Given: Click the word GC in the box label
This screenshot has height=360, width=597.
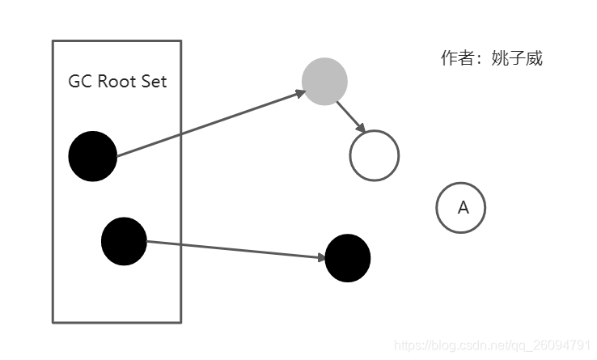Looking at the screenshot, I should coord(79,83).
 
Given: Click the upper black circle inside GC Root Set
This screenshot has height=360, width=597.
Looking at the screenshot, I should coord(93,156).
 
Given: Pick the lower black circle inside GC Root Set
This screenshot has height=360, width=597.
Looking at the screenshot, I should coord(124,240).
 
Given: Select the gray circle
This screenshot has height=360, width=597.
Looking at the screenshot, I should coord(324,81).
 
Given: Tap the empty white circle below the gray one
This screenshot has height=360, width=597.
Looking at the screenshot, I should coord(375,155).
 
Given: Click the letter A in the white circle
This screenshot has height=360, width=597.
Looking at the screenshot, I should coord(463,208).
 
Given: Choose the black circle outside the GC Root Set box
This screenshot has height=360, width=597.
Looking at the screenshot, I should coord(347,258).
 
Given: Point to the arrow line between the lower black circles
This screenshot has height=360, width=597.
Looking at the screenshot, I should coord(235,249).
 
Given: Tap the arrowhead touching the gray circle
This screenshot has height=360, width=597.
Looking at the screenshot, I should coord(300,93).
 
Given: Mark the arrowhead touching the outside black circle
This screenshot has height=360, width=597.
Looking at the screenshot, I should coord(320,257).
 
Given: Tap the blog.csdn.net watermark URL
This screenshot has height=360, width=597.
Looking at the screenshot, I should coord(493,345).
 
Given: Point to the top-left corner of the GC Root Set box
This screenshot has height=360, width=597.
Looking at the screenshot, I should coord(53,41).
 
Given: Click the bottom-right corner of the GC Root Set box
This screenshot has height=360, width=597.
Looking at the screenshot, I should coord(181,322).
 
